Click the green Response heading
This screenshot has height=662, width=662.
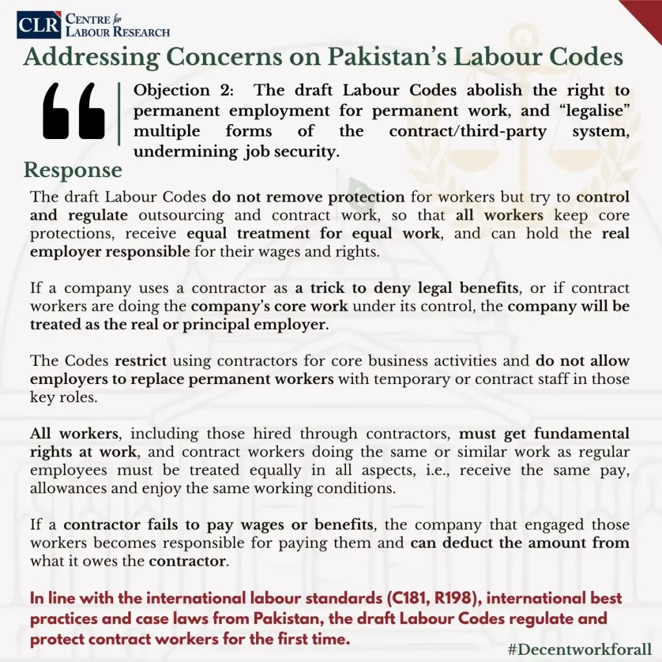[72, 170]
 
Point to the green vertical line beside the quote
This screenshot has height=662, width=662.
[120, 114]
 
